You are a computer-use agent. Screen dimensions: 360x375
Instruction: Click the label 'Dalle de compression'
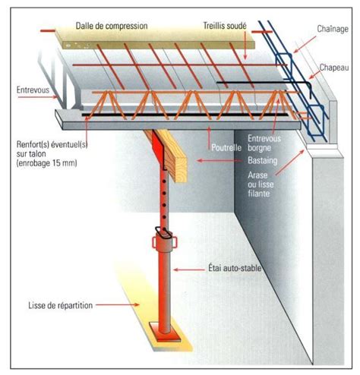[x=112, y=26]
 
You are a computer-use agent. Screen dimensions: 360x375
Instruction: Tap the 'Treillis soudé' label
[x=225, y=26]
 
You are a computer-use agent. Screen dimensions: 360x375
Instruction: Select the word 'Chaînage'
[x=333, y=29]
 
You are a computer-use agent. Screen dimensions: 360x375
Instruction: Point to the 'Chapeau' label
[x=334, y=68]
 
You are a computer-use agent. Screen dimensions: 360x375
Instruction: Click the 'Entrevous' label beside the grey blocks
[x=33, y=90]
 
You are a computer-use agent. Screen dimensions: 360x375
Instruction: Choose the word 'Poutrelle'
[x=226, y=147]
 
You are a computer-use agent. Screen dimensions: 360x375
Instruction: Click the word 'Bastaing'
[x=263, y=160]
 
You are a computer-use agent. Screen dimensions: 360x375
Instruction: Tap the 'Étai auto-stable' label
[x=235, y=268]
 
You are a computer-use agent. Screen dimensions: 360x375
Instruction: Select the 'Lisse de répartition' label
[x=61, y=305]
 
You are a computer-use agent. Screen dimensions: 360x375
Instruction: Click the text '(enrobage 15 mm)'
[x=46, y=163]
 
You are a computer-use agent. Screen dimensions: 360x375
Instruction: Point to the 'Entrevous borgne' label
[x=264, y=143]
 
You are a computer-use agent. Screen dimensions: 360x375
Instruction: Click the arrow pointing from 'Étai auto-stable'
[x=189, y=269]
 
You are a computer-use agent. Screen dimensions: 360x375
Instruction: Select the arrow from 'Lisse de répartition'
[x=118, y=304]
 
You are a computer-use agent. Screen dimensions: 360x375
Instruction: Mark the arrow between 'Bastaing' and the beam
[x=219, y=160]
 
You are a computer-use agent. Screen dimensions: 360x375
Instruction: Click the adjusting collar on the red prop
[x=165, y=242]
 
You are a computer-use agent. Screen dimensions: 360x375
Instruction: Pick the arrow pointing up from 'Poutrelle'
[x=209, y=138]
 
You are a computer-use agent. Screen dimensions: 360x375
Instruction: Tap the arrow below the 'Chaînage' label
[x=305, y=45]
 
